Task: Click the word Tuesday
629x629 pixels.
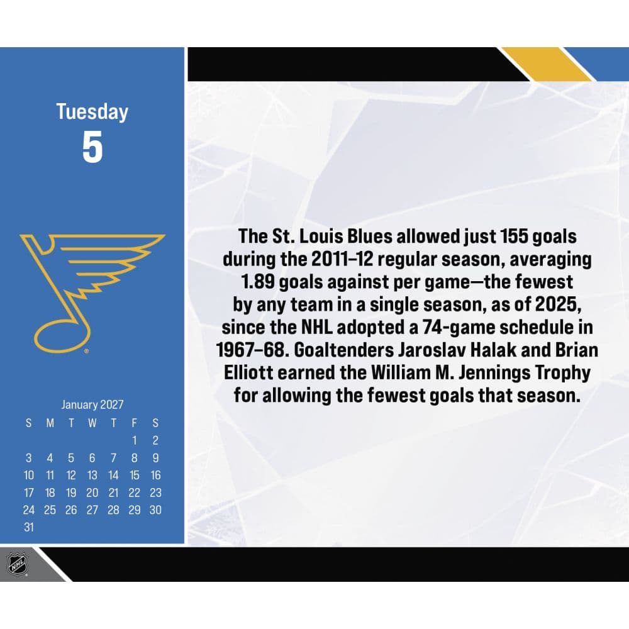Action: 92,112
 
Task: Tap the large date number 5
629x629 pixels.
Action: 92,148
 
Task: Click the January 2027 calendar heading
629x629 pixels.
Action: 92,404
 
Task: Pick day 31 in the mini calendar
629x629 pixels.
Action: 29,527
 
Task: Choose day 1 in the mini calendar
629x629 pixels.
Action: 135,440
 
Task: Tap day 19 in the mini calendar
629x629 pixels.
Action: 71,493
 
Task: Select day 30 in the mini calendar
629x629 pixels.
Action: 155,510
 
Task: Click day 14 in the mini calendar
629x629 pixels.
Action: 113,475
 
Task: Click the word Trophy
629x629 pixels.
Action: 560,373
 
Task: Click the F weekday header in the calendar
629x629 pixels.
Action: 135,423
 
